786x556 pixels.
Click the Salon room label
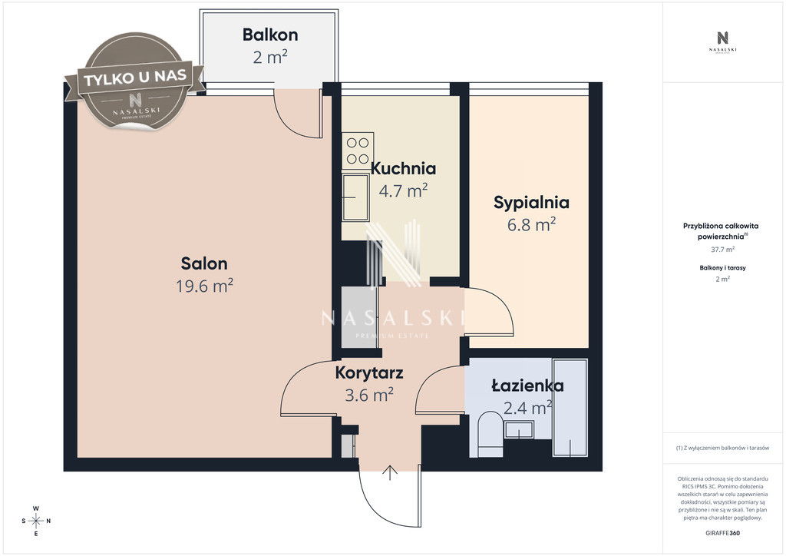point(204,263)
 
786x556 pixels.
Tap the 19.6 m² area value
point(204,286)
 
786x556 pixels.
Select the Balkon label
point(270,35)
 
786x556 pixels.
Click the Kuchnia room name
point(403,168)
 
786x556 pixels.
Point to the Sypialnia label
point(531,203)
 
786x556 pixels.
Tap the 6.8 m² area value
point(531,224)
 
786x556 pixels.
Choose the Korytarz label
point(369,373)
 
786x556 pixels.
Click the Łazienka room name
point(527,386)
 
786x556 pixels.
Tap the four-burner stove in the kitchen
point(358,151)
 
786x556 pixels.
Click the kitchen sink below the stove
point(356,197)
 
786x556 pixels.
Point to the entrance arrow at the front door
point(390,473)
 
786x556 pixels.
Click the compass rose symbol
point(36,521)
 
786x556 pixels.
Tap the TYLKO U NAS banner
point(135,78)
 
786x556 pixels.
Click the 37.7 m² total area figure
point(722,249)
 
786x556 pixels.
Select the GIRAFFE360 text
point(722,533)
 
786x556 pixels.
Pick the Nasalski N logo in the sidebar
point(722,38)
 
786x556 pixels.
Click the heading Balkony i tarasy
point(722,268)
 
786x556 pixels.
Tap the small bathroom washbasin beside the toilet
point(519,430)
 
